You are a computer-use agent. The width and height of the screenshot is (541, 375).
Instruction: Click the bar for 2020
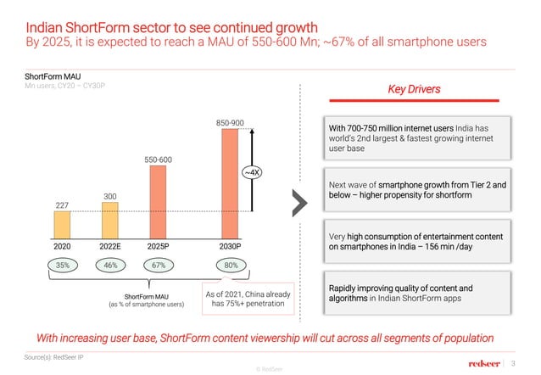pos(62,225)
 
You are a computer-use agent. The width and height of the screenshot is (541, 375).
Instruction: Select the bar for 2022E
pos(110,221)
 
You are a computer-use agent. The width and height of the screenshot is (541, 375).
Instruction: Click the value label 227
pos(61,204)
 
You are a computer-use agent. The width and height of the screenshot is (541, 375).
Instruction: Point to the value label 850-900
pos(229,123)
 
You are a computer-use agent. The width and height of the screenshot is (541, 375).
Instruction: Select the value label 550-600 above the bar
pos(158,159)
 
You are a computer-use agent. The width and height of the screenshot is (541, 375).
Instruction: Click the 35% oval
pos(62,266)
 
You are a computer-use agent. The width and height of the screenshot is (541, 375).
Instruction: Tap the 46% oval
pos(109,266)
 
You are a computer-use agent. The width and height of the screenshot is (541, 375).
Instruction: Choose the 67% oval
pos(158,266)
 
